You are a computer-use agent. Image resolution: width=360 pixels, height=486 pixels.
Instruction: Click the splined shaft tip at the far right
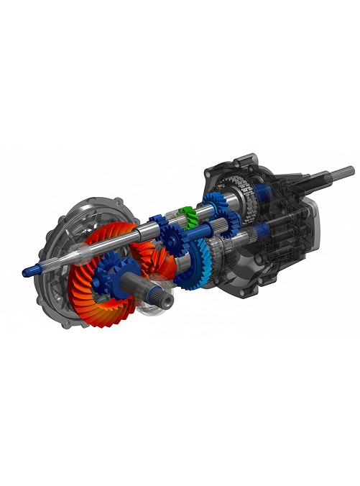344,172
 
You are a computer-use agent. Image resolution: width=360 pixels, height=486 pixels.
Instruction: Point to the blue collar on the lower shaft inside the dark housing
263,229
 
